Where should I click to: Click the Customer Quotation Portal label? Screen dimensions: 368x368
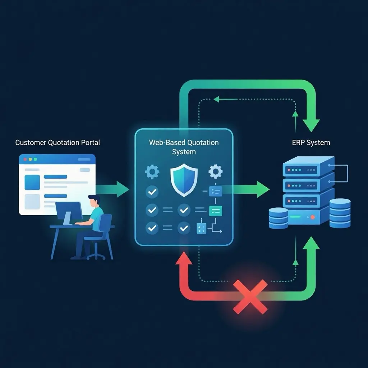tap(57, 143)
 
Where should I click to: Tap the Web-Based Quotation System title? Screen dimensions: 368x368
tap(184, 147)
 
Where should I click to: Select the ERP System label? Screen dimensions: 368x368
tap(311, 143)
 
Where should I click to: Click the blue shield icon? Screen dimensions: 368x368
tap(184, 179)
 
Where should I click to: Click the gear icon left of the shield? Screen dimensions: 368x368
tap(152, 172)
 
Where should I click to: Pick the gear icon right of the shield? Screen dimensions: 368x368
tap(215, 172)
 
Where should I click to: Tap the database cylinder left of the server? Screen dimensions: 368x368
tap(278, 218)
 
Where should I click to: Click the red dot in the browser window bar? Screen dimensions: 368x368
tap(25, 159)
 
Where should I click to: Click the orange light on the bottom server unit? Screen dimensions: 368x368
tap(313, 217)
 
